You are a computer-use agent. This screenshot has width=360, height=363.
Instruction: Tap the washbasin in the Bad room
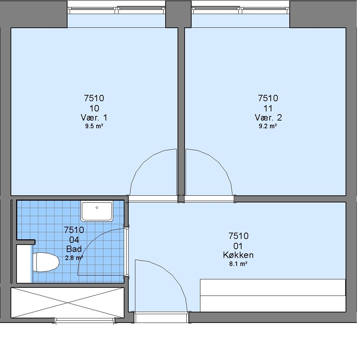point(97,211)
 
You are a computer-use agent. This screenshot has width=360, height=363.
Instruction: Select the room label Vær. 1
point(94,118)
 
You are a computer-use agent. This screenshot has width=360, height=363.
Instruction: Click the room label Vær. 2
point(268,118)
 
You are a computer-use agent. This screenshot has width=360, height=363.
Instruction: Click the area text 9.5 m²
point(94,126)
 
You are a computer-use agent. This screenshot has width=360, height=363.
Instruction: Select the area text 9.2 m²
point(268,126)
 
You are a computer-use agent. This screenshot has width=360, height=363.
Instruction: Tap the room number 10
point(94,108)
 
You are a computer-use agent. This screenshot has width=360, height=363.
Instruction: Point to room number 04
point(74,240)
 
